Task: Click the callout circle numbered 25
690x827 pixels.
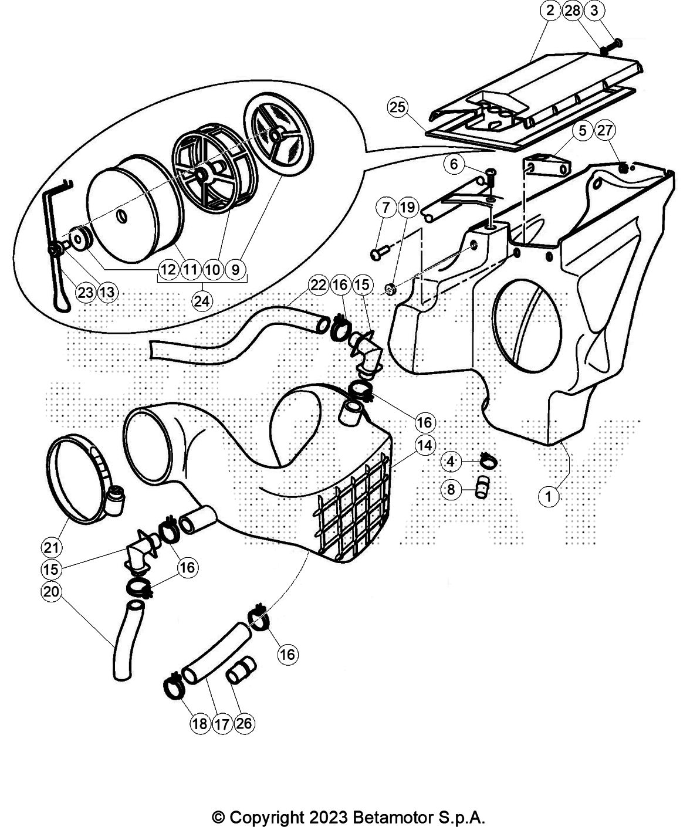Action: point(397,107)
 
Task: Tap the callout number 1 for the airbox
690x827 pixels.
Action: point(548,497)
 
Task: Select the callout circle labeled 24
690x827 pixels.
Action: point(203,300)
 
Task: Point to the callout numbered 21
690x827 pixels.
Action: point(51,547)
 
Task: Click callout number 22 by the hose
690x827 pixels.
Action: point(318,285)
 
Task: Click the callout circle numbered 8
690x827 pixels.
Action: point(451,489)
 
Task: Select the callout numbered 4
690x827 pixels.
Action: point(451,462)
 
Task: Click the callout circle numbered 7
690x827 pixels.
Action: point(385,207)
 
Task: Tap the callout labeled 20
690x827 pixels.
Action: point(51,591)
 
